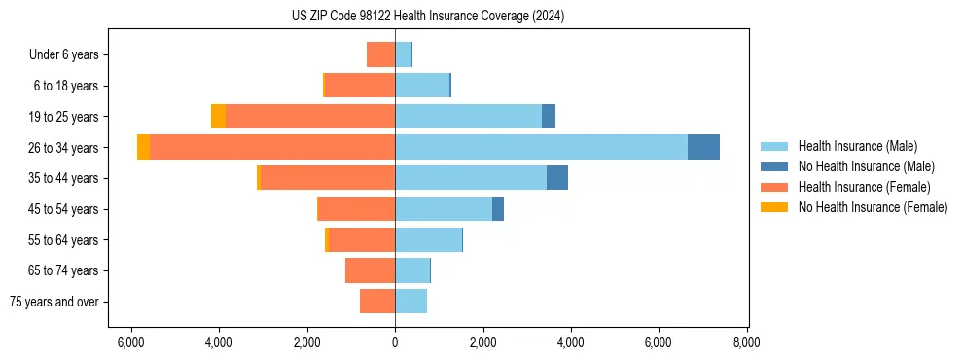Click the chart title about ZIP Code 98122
(x=427, y=16)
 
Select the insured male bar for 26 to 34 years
(x=541, y=147)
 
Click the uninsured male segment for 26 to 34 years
(x=703, y=147)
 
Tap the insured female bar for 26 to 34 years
(x=272, y=147)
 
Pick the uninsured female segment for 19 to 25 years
(x=218, y=116)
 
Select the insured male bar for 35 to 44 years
(x=471, y=178)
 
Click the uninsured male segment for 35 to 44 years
(x=557, y=178)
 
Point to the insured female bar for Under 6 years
(x=380, y=54)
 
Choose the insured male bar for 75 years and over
(x=410, y=302)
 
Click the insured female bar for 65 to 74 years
(x=370, y=270)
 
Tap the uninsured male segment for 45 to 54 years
(x=498, y=208)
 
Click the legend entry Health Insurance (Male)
(x=857, y=146)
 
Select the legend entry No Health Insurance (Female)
(x=873, y=207)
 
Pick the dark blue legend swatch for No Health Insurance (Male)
(x=774, y=166)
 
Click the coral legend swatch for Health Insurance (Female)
(x=774, y=187)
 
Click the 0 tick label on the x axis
(x=395, y=342)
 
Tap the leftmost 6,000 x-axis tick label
(x=130, y=342)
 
